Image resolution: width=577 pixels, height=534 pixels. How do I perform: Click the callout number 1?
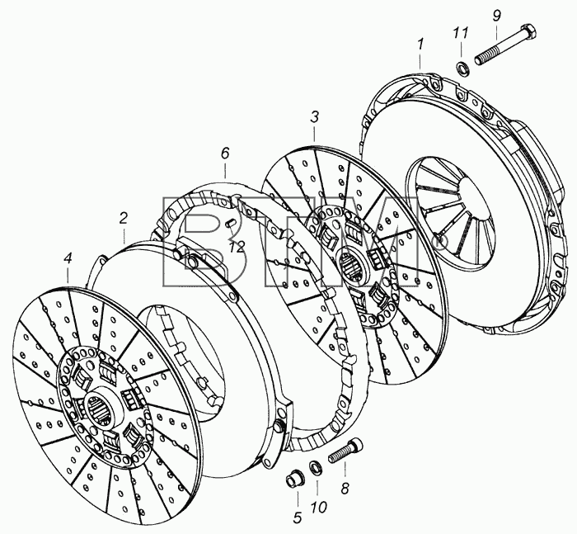pyautogui.click(x=420, y=45)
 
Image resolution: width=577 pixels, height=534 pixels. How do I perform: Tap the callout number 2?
pyautogui.click(x=124, y=218)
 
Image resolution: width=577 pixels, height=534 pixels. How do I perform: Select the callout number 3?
pyautogui.click(x=314, y=118)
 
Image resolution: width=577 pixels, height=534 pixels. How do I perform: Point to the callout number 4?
pyautogui.click(x=68, y=259)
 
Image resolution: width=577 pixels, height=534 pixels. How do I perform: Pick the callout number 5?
pyautogui.click(x=298, y=517)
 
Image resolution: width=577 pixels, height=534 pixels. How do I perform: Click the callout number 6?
pyautogui.click(x=225, y=153)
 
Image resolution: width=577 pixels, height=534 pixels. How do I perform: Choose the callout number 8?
pyautogui.click(x=345, y=488)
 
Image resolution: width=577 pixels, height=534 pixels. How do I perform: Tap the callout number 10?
pyautogui.click(x=319, y=508)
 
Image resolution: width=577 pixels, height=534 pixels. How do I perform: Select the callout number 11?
pyautogui.click(x=460, y=33)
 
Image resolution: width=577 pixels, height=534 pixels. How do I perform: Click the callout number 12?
pyautogui.click(x=237, y=248)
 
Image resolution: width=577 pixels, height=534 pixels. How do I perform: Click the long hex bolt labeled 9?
pyautogui.click(x=506, y=45)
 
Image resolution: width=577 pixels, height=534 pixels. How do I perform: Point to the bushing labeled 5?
pyautogui.click(x=294, y=479)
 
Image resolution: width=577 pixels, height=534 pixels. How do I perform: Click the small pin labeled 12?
pyautogui.click(x=231, y=223)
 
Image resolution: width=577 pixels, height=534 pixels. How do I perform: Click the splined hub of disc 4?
pyautogui.click(x=100, y=408)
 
